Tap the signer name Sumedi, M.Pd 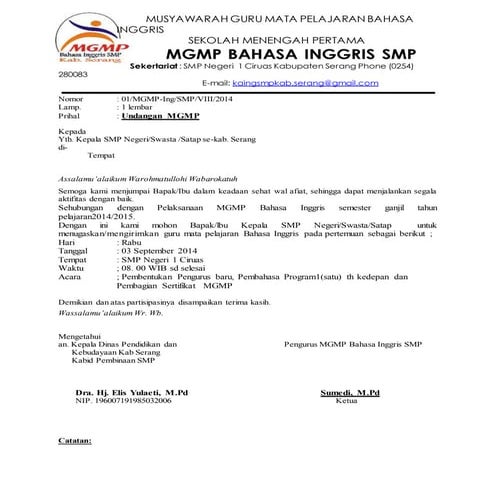[343, 393]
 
